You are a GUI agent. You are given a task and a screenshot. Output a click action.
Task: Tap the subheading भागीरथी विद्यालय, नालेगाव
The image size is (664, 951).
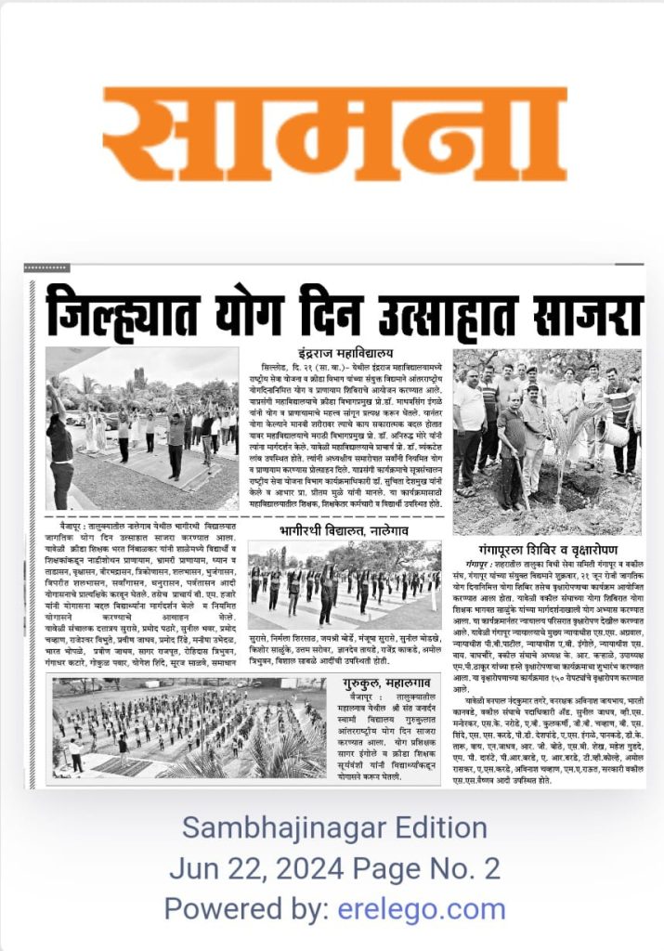[x=346, y=530]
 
